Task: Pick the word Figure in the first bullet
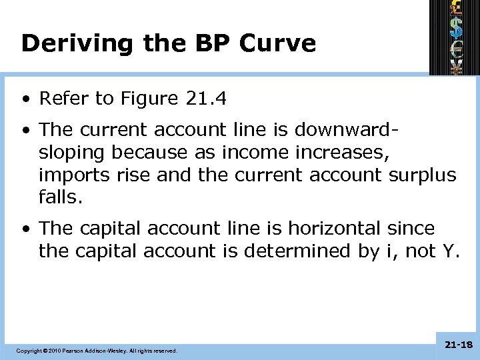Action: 149,99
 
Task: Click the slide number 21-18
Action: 457,344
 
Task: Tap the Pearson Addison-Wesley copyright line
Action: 97,350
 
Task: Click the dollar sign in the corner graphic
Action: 455,28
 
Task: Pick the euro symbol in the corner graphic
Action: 455,48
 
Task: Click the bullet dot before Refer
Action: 25,100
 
